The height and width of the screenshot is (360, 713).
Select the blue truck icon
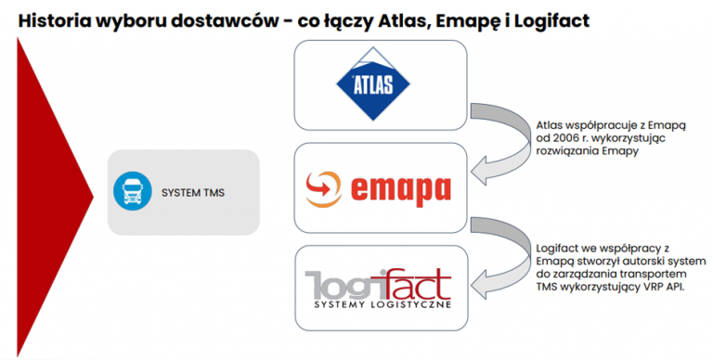[131, 192]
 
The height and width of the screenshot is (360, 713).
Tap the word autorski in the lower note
[642, 263]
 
